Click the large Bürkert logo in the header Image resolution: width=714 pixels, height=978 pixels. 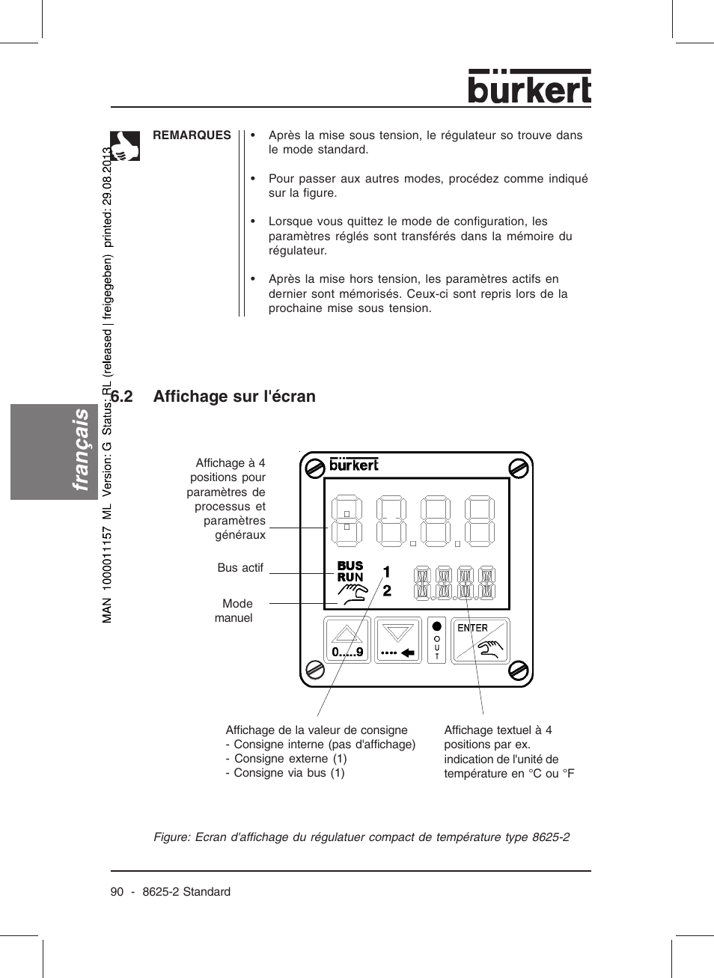coord(529,88)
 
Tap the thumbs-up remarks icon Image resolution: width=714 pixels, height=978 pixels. coord(125,146)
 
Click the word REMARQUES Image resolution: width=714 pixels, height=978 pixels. coord(192,135)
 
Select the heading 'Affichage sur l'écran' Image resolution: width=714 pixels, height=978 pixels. coord(234,397)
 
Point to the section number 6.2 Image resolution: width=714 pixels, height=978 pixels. coord(122,397)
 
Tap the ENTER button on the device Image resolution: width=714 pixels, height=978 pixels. coord(480,640)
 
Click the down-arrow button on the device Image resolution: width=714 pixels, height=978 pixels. coord(397,640)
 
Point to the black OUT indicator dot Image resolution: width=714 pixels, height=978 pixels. coord(437,626)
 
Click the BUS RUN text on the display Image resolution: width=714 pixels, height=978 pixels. coord(350,572)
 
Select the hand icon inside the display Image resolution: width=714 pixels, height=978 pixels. coord(353,594)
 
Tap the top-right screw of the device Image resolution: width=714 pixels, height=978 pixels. coord(519,468)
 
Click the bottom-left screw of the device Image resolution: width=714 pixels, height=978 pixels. coord(315,670)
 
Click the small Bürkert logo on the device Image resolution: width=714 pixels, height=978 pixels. coord(354,465)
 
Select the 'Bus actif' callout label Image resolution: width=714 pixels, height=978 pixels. coord(240,568)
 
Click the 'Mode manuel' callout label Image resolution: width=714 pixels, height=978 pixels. coord(235,611)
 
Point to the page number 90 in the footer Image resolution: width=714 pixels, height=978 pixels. coord(117,892)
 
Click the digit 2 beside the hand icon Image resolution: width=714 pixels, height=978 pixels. coord(387,590)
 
